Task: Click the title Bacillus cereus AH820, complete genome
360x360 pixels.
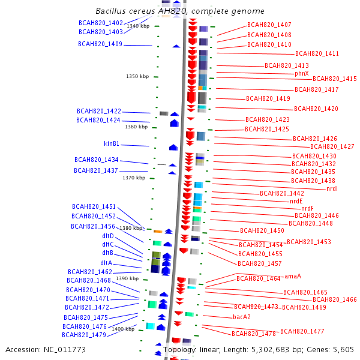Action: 179,11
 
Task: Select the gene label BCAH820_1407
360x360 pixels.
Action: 269,25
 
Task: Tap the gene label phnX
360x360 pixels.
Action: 301,73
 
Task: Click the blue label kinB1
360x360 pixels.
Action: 112,144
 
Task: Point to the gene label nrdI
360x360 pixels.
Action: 332,188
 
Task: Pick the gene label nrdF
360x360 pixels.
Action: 307,208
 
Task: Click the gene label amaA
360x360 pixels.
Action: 293,276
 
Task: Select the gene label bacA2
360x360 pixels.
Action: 242,317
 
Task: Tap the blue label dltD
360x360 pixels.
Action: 108,236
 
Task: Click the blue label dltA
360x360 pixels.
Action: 106,263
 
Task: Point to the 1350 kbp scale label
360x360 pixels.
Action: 137,77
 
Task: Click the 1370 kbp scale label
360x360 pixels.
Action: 133,178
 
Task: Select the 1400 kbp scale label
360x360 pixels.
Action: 123,329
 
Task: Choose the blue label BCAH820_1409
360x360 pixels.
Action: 100,44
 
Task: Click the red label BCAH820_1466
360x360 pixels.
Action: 334,299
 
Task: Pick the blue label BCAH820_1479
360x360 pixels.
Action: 83,335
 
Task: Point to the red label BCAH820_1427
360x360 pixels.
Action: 332,146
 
